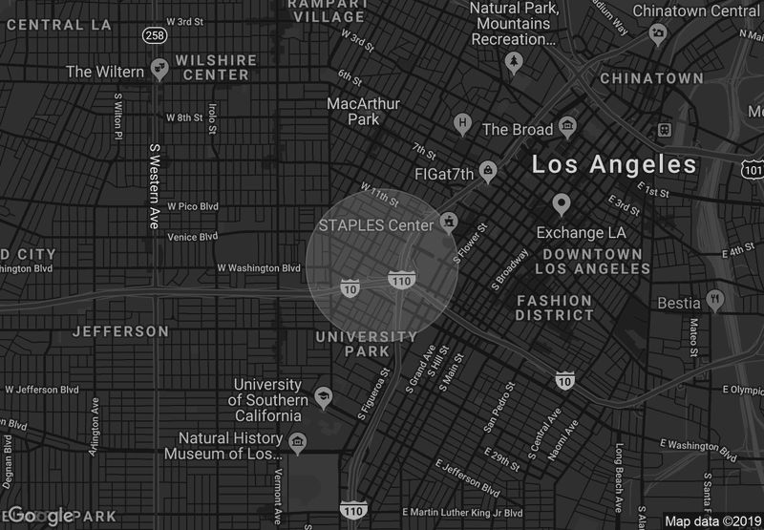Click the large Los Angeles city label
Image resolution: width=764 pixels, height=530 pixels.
coord(614,164)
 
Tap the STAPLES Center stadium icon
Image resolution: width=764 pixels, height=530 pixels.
coord(448,225)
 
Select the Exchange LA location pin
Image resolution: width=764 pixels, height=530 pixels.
coord(561,203)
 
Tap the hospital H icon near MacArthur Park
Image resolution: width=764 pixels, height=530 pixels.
coord(463,122)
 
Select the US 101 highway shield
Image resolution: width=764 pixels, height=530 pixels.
coord(753,169)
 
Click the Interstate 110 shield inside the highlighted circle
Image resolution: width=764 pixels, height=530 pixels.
coord(400,280)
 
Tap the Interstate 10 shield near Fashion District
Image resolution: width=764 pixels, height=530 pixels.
coord(564,380)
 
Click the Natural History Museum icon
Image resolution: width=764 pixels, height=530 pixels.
coord(298,442)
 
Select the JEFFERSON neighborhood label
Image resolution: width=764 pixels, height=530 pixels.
coord(120,331)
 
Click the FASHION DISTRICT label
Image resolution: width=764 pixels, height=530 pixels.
coord(555,307)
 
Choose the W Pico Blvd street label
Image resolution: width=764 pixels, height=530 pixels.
coord(193,205)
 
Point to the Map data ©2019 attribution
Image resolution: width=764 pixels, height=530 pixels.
coord(711,521)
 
